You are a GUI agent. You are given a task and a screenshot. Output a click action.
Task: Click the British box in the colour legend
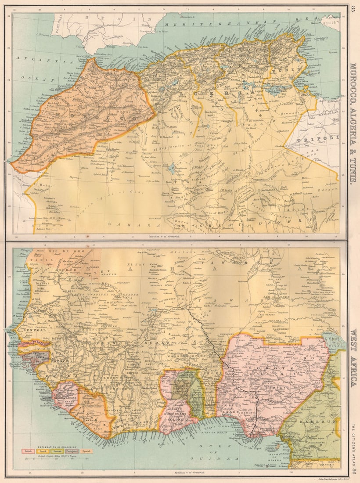[28, 451]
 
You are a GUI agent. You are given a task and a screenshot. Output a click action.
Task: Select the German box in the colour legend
[57, 451]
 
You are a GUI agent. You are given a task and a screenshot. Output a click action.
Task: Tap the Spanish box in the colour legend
[86, 451]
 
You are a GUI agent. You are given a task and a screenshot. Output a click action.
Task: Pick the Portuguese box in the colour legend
[72, 451]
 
